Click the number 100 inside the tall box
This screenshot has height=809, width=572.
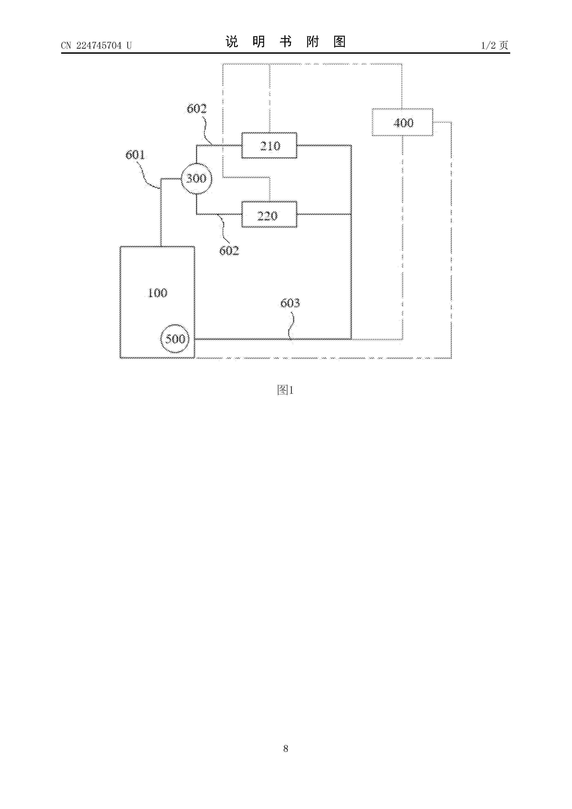point(157,293)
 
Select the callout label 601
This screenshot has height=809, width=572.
point(135,155)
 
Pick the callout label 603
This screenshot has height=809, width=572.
point(290,303)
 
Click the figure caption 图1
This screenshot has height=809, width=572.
point(286,390)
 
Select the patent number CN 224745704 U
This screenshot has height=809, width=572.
point(96,45)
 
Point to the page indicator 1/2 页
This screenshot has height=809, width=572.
point(495,45)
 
